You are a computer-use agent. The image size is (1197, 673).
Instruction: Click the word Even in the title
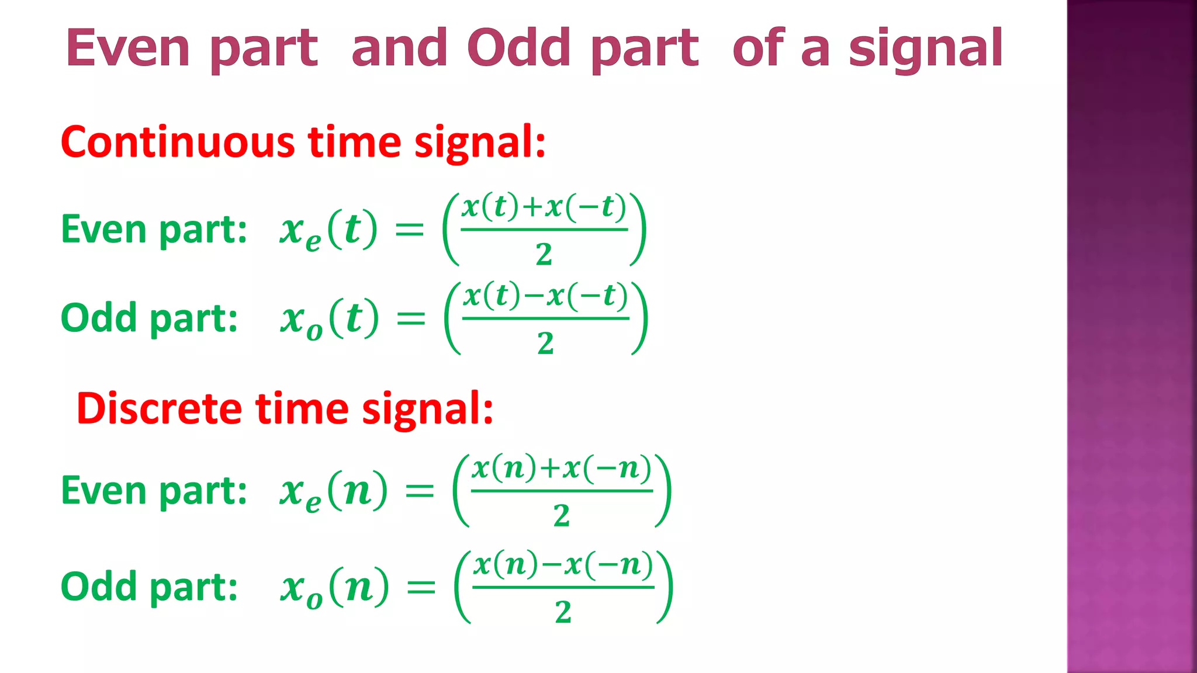(127, 48)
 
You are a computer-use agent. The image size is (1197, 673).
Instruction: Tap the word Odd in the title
(518, 48)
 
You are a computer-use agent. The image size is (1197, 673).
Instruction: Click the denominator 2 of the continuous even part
(544, 254)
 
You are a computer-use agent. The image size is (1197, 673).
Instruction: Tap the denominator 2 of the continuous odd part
(545, 343)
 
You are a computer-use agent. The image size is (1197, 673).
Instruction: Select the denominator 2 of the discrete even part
(561, 515)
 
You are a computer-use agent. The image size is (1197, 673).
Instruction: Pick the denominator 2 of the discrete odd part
(563, 612)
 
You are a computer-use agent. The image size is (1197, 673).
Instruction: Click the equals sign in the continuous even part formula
(409, 230)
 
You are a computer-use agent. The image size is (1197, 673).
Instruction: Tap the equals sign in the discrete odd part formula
(421, 587)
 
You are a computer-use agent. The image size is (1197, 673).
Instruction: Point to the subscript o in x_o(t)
(314, 332)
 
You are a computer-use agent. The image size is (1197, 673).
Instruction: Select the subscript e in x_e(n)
(313, 503)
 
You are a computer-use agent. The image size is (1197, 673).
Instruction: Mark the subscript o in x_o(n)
(314, 600)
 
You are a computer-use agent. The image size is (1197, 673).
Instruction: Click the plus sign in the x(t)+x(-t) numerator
(532, 207)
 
